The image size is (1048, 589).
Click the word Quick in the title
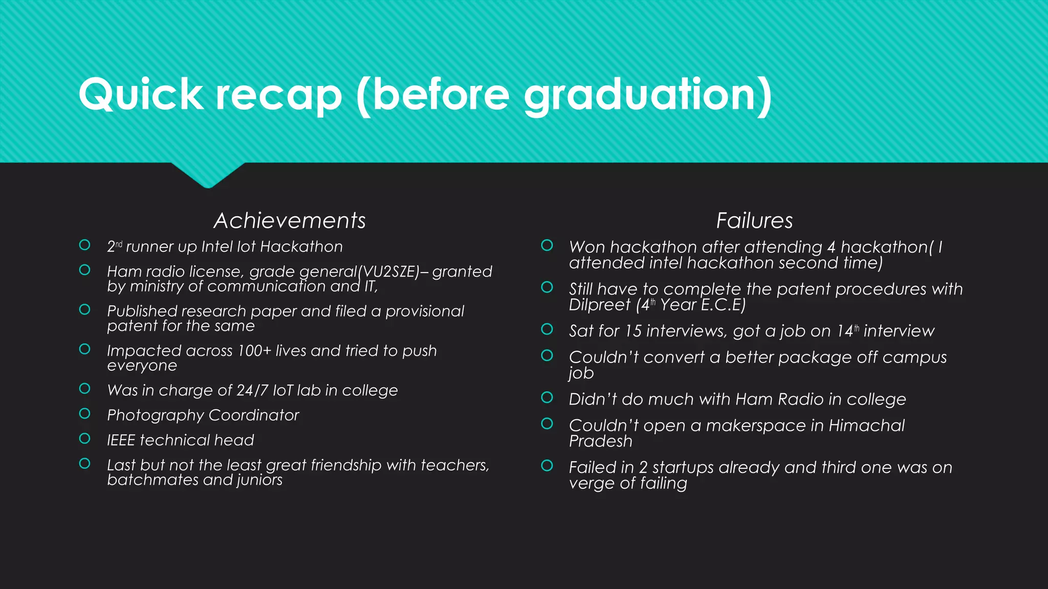point(141,95)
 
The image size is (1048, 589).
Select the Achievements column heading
point(290,221)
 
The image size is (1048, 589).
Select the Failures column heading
point(754,221)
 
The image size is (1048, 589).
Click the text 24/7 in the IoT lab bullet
point(252,391)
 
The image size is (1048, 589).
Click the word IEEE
point(121,440)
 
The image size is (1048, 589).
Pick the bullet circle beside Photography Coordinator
point(85,414)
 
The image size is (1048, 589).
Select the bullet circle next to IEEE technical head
point(85,439)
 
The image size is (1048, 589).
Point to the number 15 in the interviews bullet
point(633,331)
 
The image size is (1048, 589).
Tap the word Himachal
point(866,425)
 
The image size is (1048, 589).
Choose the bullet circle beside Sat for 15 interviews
point(547,329)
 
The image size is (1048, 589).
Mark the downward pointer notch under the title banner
point(208,176)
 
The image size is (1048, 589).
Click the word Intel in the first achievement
point(217,247)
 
